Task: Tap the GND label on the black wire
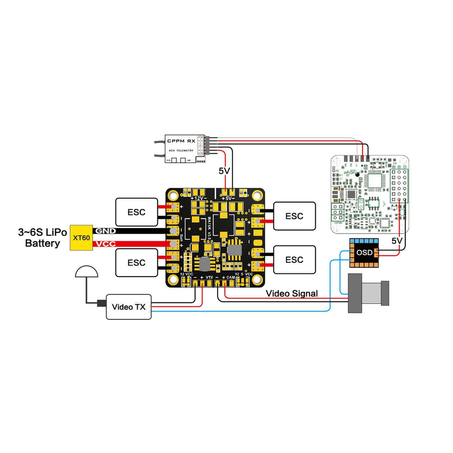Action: pyautogui.click(x=105, y=231)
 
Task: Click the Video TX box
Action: pyautogui.click(x=128, y=307)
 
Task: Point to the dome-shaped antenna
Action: pyautogui.click(x=86, y=272)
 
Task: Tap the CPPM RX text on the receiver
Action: pyautogui.click(x=181, y=141)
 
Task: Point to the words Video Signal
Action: pyautogui.click(x=292, y=293)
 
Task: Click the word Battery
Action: pyautogui.click(x=42, y=243)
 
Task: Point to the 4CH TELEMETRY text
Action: pyautogui.click(x=181, y=151)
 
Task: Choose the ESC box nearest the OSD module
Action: pyautogui.click(x=294, y=259)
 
